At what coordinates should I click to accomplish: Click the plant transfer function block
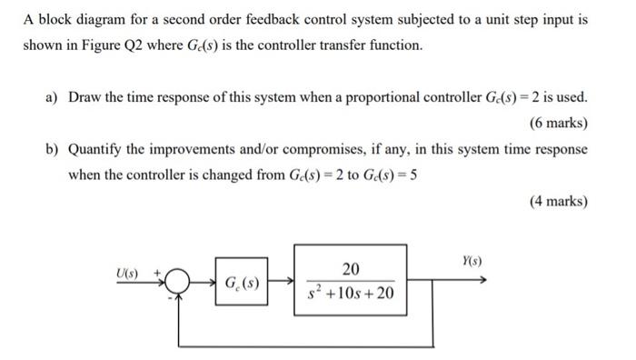(351, 281)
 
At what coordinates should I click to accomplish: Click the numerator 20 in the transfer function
(352, 268)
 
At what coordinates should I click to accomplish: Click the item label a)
(53, 97)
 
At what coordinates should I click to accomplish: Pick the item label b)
(53, 148)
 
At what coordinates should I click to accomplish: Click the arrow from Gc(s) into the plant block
(283, 282)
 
